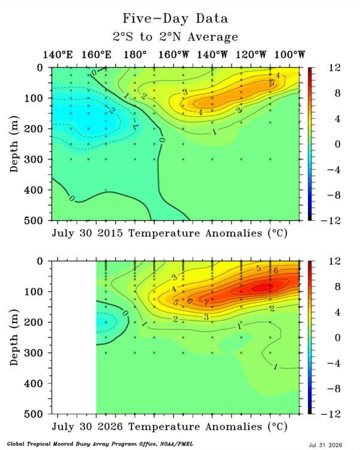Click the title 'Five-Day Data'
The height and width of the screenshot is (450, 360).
pyautogui.click(x=175, y=19)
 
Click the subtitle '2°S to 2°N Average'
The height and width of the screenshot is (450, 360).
pyautogui.click(x=175, y=37)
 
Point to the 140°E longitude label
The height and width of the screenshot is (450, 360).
pyautogui.click(x=58, y=54)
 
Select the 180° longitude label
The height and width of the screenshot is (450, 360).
pyautogui.click(x=135, y=54)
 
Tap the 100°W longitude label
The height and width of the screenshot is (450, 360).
pyautogui.click(x=289, y=54)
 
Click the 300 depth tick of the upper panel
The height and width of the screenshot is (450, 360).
pyautogui.click(x=33, y=159)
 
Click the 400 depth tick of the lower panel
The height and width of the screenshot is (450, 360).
pyautogui.click(x=33, y=383)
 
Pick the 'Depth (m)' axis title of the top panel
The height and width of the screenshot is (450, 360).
pyautogui.click(x=14, y=144)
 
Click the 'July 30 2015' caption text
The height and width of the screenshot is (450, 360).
pyautogui.click(x=87, y=233)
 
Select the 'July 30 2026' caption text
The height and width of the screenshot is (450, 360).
pyautogui.click(x=87, y=427)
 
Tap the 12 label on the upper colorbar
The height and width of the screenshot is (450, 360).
pyautogui.click(x=335, y=68)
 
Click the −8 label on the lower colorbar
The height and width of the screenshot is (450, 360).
pyautogui.click(x=334, y=389)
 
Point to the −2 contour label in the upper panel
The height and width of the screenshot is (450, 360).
pyautogui.click(x=110, y=109)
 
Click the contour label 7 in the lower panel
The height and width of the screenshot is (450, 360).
pyautogui.click(x=206, y=302)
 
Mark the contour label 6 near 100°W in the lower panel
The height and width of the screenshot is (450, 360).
pyautogui.click(x=276, y=271)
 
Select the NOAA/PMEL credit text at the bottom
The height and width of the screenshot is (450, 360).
pyautogui.click(x=100, y=444)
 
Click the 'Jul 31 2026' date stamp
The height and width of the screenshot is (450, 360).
pyautogui.click(x=325, y=445)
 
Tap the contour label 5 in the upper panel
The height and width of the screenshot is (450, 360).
pyautogui.click(x=272, y=83)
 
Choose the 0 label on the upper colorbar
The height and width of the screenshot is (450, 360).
pyautogui.click(x=338, y=144)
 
